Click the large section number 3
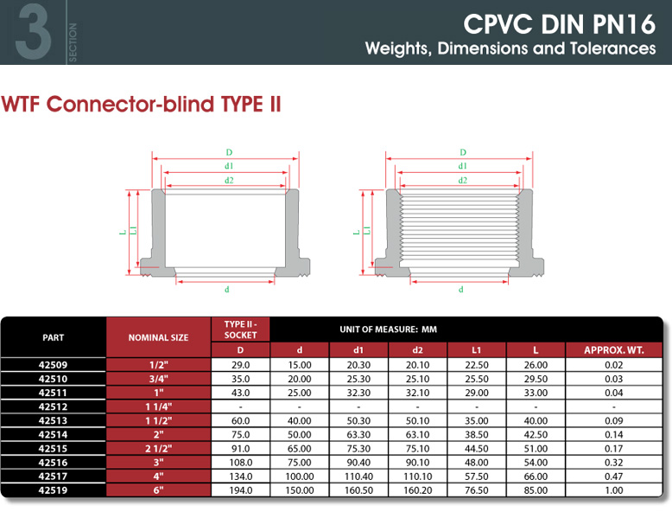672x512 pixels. click(34, 31)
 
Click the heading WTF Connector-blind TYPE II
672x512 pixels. click(141, 105)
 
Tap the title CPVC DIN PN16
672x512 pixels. click(560, 23)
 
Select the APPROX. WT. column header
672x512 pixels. click(614, 350)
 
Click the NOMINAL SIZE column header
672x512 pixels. click(158, 338)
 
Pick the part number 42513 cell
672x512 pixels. click(53, 420)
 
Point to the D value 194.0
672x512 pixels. click(240, 490)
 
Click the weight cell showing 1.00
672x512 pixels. click(614, 490)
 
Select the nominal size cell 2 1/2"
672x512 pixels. click(158, 449)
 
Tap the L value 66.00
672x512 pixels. click(536, 477)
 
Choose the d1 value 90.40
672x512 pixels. click(358, 462)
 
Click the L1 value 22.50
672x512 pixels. click(477, 365)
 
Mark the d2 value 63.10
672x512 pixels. click(417, 434)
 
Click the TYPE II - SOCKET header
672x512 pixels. click(240, 330)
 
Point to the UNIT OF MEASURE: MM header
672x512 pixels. click(389, 330)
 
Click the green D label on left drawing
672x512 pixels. click(229, 152)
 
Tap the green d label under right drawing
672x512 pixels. click(460, 289)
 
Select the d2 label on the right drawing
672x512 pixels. click(462, 180)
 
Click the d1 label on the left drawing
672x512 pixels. click(229, 166)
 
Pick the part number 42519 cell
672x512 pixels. click(53, 490)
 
